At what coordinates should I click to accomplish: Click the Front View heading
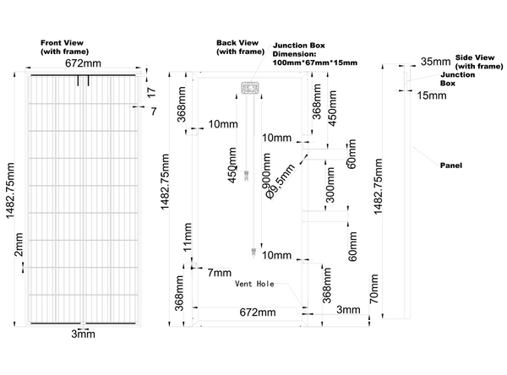pyautogui.click(x=64, y=47)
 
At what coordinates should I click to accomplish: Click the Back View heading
pyautogui.click(x=240, y=47)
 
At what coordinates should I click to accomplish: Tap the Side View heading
pyautogui.click(x=479, y=62)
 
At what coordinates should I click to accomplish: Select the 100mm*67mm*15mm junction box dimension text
pyautogui.click(x=315, y=62)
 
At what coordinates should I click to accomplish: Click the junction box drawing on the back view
pyautogui.click(x=250, y=88)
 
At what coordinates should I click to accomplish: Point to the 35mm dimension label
pyautogui.click(x=435, y=62)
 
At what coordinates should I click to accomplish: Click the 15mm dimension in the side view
pyautogui.click(x=432, y=95)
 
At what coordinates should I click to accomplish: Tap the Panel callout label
pyautogui.click(x=451, y=166)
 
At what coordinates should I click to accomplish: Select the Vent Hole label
pyautogui.click(x=254, y=284)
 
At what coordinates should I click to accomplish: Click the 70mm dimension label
pyautogui.click(x=373, y=289)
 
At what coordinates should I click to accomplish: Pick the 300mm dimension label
pyautogui.click(x=330, y=185)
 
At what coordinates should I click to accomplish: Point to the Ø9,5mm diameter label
pyautogui.click(x=280, y=181)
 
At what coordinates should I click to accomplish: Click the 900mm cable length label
pyautogui.click(x=266, y=171)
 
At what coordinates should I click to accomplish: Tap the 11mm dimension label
pyautogui.click(x=188, y=237)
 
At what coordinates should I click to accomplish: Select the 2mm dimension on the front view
pyautogui.click(x=19, y=244)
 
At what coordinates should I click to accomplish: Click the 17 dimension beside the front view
pyautogui.click(x=151, y=92)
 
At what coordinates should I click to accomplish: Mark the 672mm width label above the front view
pyautogui.click(x=83, y=63)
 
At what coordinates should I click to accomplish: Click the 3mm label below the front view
pyautogui.click(x=83, y=334)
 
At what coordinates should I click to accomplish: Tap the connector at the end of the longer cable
pyautogui.click(x=253, y=253)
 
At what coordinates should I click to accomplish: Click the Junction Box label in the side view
pyautogui.click(x=457, y=79)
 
